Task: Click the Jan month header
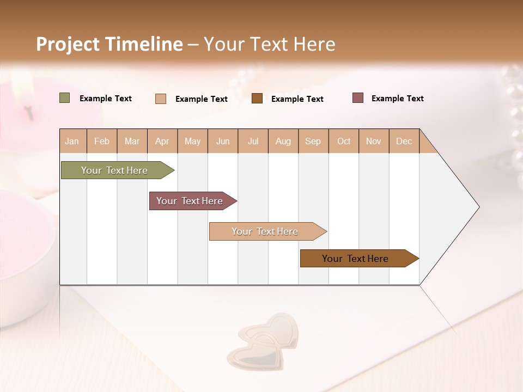[72, 141]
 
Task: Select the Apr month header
[162, 141]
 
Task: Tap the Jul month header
[253, 141]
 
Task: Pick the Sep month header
[313, 141]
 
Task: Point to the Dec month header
[404, 141]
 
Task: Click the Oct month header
[344, 141]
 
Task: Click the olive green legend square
[65, 98]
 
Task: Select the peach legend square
[161, 99]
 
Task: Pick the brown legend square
[257, 99]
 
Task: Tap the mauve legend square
[358, 98]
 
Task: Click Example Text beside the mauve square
[397, 99]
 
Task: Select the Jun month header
[223, 141]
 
